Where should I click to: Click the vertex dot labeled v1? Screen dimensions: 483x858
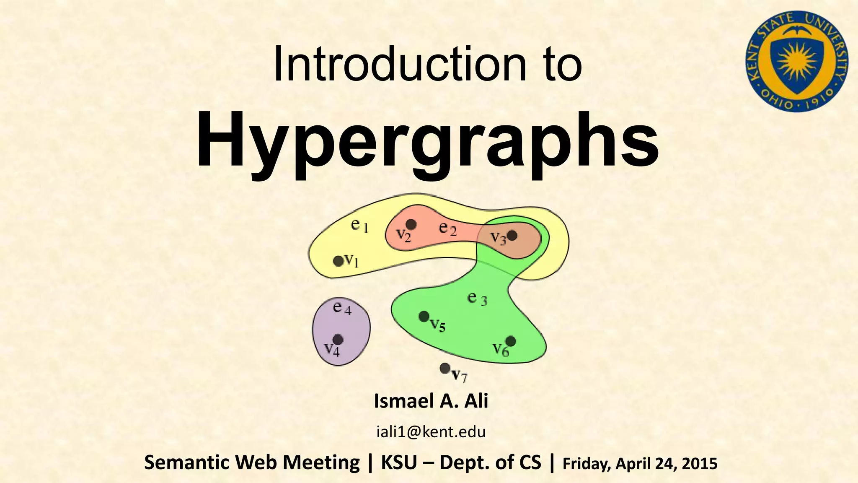(x=338, y=261)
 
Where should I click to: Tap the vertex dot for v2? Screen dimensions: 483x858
(x=411, y=225)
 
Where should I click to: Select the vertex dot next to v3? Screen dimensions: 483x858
(x=512, y=236)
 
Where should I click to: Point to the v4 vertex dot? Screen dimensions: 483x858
(x=338, y=339)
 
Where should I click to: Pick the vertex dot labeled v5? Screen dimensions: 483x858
(x=424, y=316)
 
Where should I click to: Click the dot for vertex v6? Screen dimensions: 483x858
(x=511, y=341)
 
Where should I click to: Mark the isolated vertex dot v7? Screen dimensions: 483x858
(x=445, y=369)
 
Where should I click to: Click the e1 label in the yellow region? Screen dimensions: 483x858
(x=359, y=226)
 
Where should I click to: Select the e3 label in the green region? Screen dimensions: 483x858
(x=477, y=299)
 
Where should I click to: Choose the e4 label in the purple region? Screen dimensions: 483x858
(x=342, y=308)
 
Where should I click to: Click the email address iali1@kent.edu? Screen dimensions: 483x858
(x=431, y=432)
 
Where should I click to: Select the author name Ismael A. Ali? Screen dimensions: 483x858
(x=431, y=401)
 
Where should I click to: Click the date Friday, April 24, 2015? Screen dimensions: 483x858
(x=640, y=464)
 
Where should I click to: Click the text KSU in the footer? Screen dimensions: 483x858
(x=398, y=463)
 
